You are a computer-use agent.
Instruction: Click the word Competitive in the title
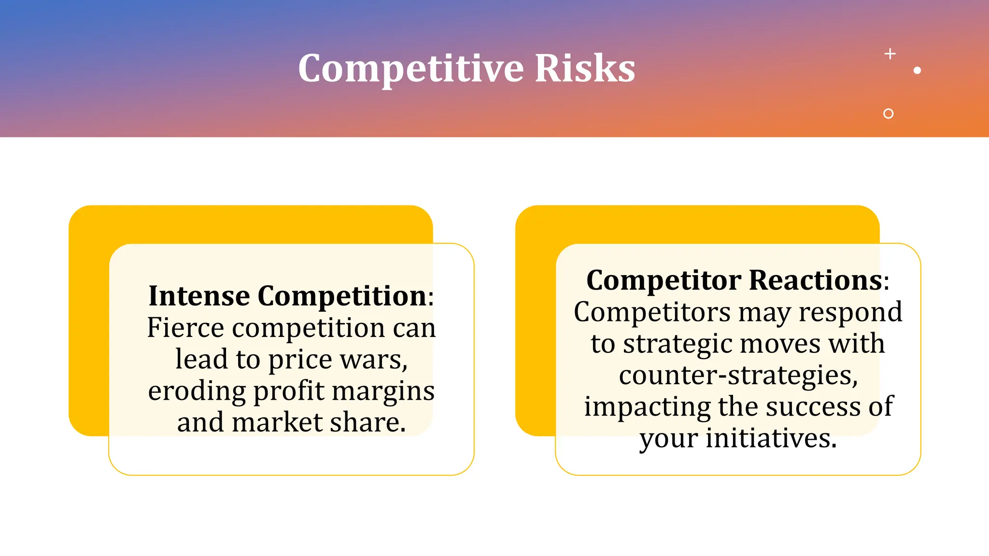(410, 69)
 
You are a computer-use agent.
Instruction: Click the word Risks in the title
(585, 69)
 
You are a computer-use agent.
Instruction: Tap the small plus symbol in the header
(890, 54)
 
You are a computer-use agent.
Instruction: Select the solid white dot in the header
(917, 70)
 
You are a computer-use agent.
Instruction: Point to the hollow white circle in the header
(888, 113)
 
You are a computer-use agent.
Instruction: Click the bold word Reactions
(816, 280)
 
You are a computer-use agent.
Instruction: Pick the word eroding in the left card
(197, 391)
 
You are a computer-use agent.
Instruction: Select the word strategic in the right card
(678, 344)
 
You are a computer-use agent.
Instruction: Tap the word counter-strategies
(738, 375)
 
